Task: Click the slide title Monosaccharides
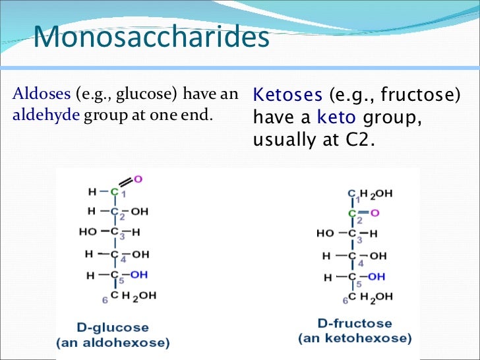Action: (x=151, y=38)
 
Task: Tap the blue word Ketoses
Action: (x=288, y=95)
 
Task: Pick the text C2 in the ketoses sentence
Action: (x=357, y=140)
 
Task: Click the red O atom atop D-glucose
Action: (x=138, y=179)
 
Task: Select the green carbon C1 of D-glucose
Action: (x=113, y=192)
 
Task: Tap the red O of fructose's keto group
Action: (x=375, y=213)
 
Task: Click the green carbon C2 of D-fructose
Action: (x=351, y=213)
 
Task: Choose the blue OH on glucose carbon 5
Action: (x=138, y=274)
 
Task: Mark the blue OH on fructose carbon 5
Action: (x=376, y=277)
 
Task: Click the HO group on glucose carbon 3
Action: (x=87, y=233)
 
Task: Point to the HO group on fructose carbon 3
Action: (x=325, y=233)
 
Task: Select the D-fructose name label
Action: (x=354, y=324)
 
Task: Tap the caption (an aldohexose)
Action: (x=113, y=343)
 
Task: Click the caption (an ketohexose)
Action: (x=355, y=339)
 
